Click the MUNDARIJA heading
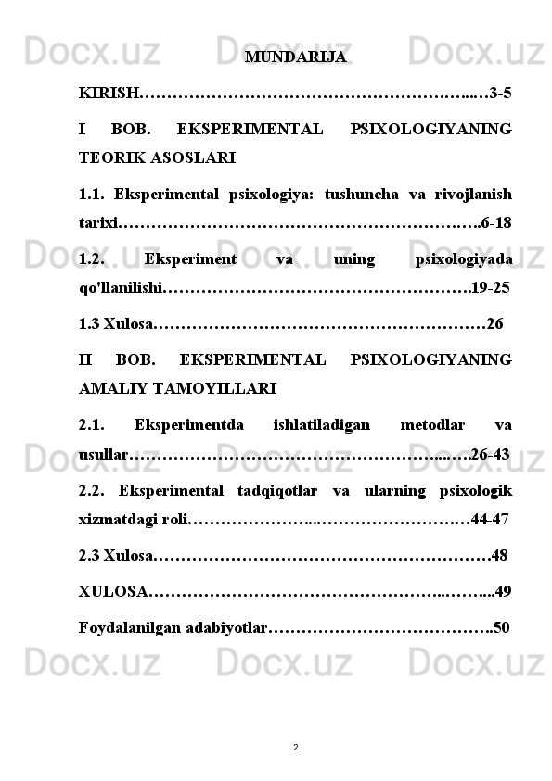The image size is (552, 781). [296, 57]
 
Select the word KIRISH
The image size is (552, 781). [109, 94]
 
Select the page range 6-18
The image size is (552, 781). [496, 223]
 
